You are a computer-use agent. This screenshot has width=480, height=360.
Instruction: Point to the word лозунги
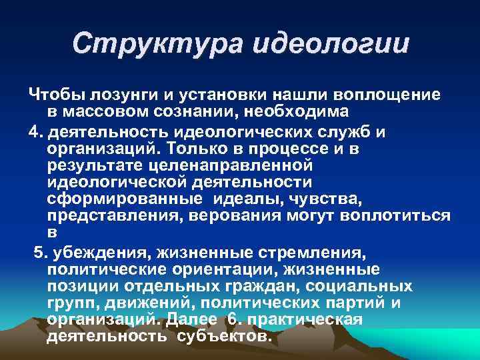coord(118,95)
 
